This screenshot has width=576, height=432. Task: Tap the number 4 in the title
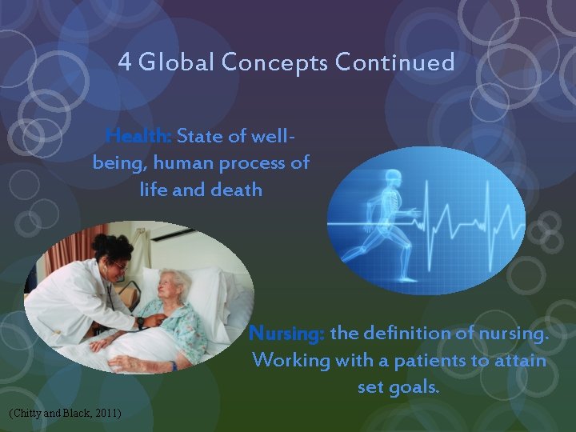pos(124,62)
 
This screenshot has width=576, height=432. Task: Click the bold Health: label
pos(139,136)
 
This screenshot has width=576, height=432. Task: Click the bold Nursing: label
pos(287,332)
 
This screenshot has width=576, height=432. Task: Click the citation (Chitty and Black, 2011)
pos(64,413)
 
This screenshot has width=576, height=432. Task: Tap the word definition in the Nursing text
pos(410,332)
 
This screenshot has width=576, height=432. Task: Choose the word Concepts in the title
pos(281,62)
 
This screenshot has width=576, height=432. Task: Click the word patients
pos(431,360)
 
